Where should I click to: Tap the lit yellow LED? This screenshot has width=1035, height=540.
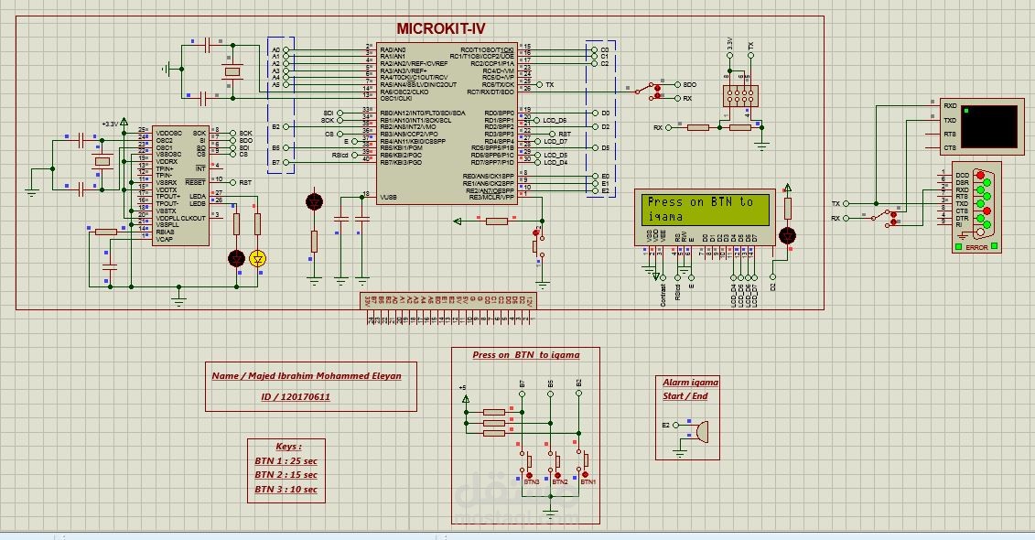pyautogui.click(x=257, y=259)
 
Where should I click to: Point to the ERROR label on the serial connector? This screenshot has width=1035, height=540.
pyautogui.click(x=976, y=248)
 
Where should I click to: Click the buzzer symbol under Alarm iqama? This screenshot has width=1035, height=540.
pyautogui.click(x=701, y=430)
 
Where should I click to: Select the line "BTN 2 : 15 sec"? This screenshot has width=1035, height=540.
pyautogui.click(x=286, y=475)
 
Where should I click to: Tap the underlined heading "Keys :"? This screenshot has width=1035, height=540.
pyautogui.click(x=288, y=447)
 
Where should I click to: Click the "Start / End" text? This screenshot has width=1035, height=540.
pyautogui.click(x=685, y=396)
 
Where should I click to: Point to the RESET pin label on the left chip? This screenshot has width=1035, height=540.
pyautogui.click(x=195, y=182)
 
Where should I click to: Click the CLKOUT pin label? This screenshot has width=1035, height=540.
pyautogui.click(x=193, y=218)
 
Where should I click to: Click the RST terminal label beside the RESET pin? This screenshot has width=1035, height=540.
pyautogui.click(x=245, y=182)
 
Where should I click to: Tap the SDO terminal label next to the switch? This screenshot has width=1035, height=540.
pyautogui.click(x=689, y=84)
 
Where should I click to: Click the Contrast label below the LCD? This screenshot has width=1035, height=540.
pyautogui.click(x=663, y=292)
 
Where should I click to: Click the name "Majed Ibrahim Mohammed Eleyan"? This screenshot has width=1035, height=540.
pyautogui.click(x=307, y=375)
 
